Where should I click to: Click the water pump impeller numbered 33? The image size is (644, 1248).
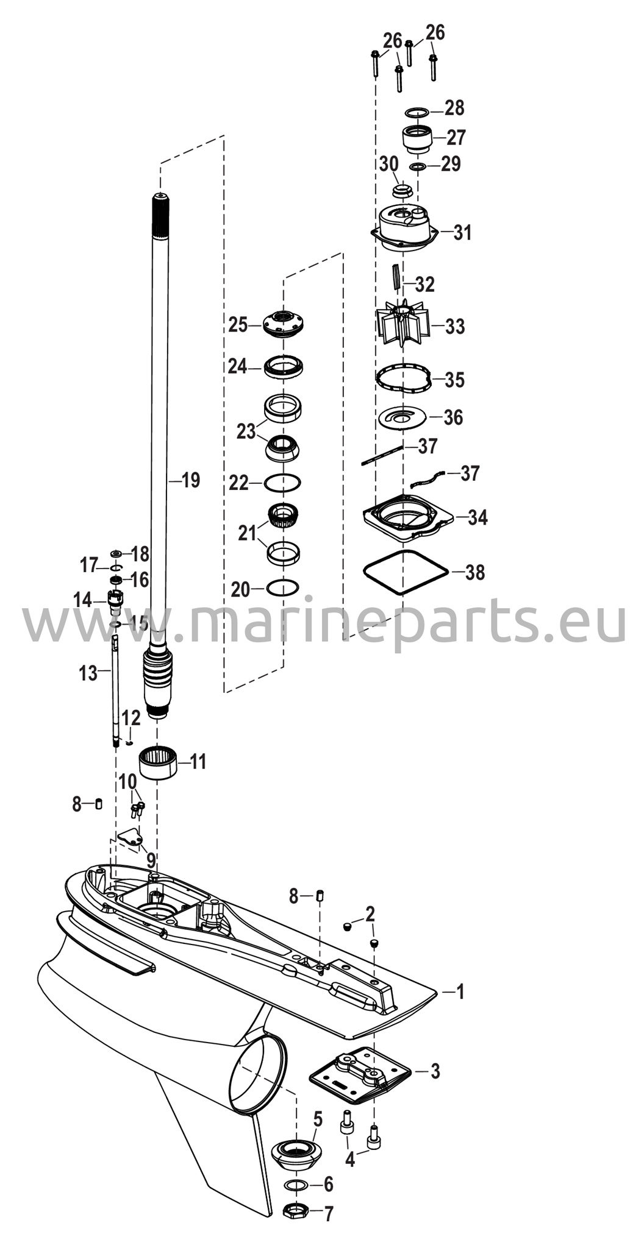pos(402,326)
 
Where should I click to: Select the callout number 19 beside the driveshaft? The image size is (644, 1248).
pos(191,481)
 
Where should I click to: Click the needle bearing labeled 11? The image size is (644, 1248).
pos(159,763)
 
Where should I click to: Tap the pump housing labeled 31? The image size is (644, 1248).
pos(406,228)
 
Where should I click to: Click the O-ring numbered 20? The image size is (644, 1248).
pos(282,588)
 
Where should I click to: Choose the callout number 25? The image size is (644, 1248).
pos(238,325)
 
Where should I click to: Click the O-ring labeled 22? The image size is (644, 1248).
pos(283,483)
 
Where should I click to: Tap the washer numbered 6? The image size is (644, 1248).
pos(296,1185)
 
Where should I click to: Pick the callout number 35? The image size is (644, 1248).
pos(454,380)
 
